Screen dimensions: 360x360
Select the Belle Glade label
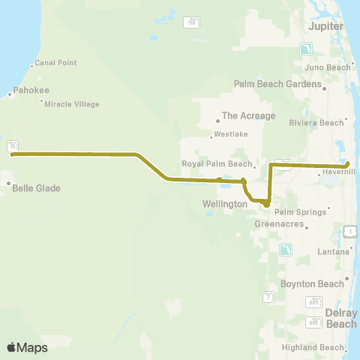(36, 188)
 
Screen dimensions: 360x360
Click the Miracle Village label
(72, 104)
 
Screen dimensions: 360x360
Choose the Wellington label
(225, 204)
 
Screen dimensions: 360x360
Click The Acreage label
(248, 116)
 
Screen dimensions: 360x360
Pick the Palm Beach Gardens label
(275, 84)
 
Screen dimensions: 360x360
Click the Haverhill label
(340, 172)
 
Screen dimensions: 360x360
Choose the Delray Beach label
(342, 318)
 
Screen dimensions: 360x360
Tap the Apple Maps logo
(27, 347)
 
